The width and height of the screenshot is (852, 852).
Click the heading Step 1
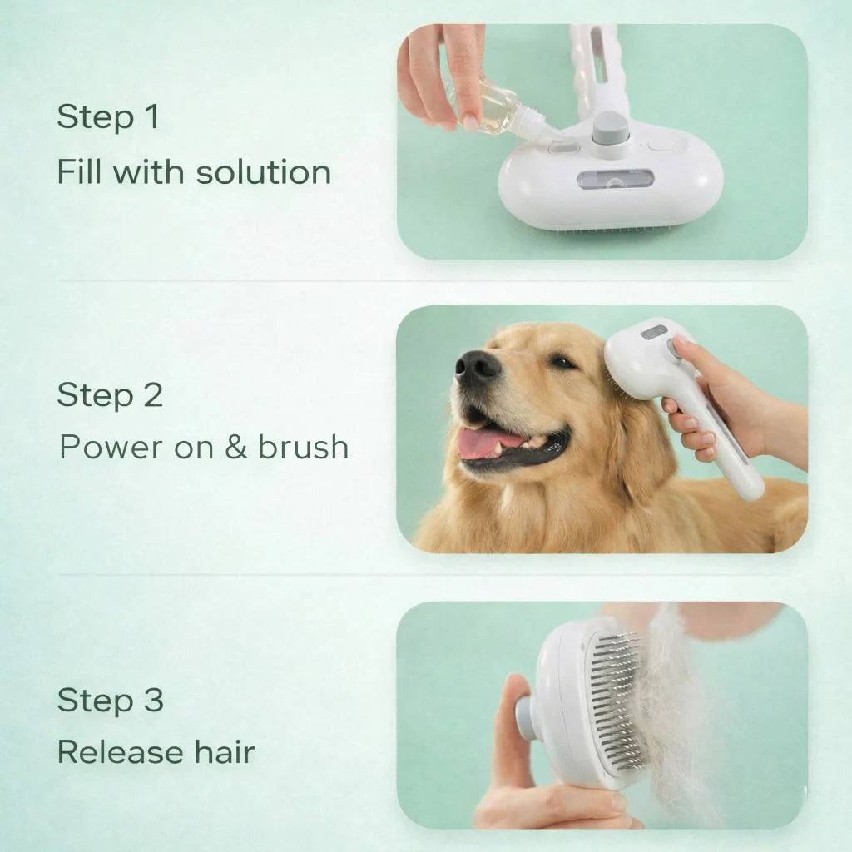pos(108,116)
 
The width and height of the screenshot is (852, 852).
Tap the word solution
pos(263,172)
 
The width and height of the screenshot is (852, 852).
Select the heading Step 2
pos(110,394)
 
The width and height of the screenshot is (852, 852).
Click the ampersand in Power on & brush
pos(235,447)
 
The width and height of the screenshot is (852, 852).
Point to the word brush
pos(303,447)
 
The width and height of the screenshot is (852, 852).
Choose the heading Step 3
pos(111,700)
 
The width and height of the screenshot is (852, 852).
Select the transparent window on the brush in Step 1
pos(615,180)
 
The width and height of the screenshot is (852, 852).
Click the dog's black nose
pos(477,367)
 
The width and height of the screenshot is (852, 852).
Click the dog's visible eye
pos(562,362)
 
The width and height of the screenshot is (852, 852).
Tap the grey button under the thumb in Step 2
pos(674,349)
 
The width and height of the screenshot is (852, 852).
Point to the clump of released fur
pos(676,717)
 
